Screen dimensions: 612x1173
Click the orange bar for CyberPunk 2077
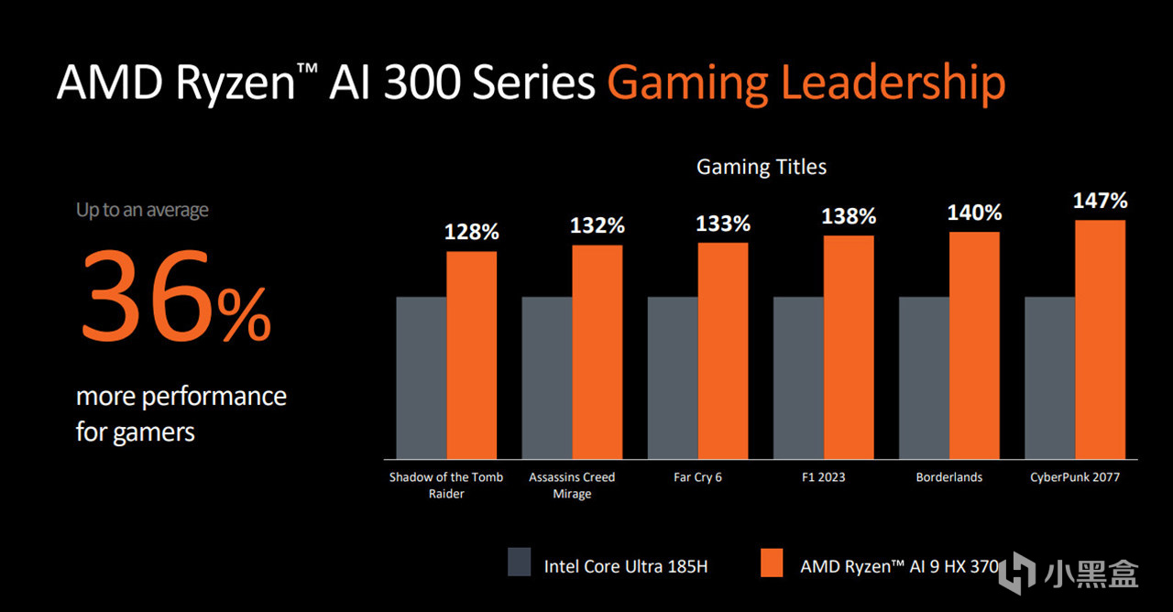(x=1100, y=339)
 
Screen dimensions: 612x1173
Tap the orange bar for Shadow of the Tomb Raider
(x=472, y=355)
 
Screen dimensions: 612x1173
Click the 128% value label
(x=472, y=232)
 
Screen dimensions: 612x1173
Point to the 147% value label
(x=1100, y=201)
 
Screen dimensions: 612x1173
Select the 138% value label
(x=849, y=216)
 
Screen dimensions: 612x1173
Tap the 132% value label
(x=597, y=225)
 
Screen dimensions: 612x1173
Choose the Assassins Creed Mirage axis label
(x=573, y=486)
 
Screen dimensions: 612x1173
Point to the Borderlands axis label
(x=949, y=477)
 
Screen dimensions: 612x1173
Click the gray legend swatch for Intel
(x=520, y=563)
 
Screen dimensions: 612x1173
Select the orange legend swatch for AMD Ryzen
(x=773, y=563)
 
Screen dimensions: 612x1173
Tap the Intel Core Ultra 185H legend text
(x=626, y=566)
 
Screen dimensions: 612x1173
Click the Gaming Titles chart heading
(x=762, y=167)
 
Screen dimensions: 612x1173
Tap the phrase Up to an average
(x=142, y=210)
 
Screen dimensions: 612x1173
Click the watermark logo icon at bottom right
(x=1017, y=572)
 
